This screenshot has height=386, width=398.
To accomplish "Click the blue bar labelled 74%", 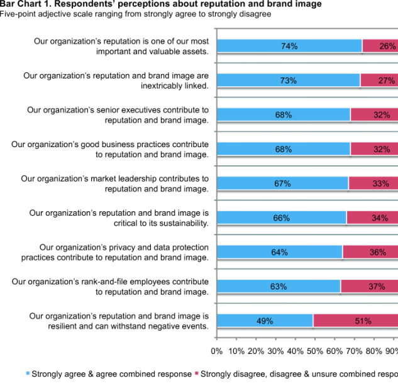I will [289, 46].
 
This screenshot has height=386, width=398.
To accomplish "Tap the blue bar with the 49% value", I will [265, 321].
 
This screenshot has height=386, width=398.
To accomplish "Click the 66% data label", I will [281, 218].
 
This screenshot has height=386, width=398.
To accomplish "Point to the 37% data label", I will [377, 287].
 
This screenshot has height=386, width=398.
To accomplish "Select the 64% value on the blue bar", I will [280, 252].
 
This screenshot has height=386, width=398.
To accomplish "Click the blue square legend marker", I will [28, 374].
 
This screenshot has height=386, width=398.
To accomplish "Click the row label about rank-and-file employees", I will [111, 286].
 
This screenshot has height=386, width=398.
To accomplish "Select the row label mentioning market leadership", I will [114, 184].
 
